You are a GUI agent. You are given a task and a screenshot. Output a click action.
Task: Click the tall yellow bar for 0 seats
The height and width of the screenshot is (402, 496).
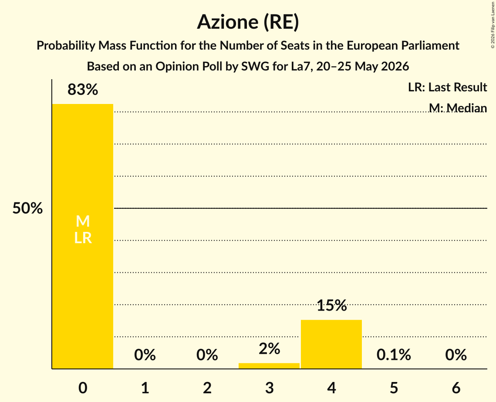pyautogui.click(x=83, y=236)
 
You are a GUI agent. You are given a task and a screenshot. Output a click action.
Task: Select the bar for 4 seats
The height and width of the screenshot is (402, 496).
pyautogui.click(x=331, y=344)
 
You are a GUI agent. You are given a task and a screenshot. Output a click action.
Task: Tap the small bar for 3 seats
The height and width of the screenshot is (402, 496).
pyautogui.click(x=269, y=366)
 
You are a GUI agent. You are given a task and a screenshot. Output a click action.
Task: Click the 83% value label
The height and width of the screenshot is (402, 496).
pyautogui.click(x=83, y=90)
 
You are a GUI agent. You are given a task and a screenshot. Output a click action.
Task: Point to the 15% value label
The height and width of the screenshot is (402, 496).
pyautogui.click(x=331, y=305)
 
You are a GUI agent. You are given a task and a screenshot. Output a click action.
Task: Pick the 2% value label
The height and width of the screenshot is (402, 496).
pyautogui.click(x=269, y=349)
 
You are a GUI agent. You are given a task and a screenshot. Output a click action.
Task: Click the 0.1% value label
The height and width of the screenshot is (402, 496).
pyautogui.click(x=394, y=355)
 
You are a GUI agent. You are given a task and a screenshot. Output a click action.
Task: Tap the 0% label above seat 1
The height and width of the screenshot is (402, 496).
pyautogui.click(x=145, y=355)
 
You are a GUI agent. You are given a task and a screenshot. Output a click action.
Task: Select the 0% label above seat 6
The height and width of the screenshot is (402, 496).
pyautogui.click(x=456, y=355)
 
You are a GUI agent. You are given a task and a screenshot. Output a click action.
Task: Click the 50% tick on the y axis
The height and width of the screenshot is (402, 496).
pyautogui.click(x=27, y=208)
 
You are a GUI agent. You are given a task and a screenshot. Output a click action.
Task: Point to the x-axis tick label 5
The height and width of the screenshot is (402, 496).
pyautogui.click(x=394, y=388)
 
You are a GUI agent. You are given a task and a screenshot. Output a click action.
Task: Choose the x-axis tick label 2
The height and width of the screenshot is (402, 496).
pyautogui.click(x=207, y=388)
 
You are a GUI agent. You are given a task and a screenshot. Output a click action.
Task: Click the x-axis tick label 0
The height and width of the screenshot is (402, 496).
pyautogui.click(x=83, y=388)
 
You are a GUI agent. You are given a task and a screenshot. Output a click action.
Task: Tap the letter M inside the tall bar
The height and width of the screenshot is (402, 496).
pyautogui.click(x=83, y=221)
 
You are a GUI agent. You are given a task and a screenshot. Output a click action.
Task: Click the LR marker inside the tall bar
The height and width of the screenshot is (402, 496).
pyautogui.click(x=83, y=238)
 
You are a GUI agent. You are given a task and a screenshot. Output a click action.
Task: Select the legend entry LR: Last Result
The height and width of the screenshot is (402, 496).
pyautogui.click(x=447, y=87)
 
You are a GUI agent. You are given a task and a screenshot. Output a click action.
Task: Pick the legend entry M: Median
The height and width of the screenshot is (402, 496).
pyautogui.click(x=458, y=108)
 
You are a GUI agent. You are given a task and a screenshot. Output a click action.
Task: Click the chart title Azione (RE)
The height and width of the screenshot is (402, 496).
pyautogui.click(x=248, y=22)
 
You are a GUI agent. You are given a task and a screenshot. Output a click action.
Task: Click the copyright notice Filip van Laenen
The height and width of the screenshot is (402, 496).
pyautogui.click(x=493, y=25)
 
